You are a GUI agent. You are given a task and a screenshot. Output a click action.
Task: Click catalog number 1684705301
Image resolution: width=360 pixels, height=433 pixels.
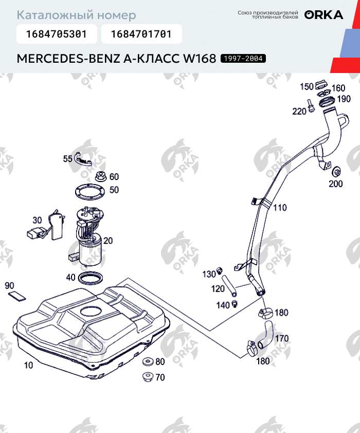coord(56,34)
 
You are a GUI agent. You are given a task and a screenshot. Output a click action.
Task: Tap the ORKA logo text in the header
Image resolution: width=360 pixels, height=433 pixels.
coord(323,15)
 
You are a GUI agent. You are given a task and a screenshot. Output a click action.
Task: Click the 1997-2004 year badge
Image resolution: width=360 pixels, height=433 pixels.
coord(243,59)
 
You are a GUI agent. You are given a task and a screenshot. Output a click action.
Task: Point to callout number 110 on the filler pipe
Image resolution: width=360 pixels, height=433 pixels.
coord(280,208)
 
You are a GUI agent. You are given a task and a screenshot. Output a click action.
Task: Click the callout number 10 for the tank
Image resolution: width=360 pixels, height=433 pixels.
coord(28,366)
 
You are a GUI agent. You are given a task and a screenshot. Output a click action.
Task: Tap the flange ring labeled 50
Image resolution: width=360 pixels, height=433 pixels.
coord(90,191)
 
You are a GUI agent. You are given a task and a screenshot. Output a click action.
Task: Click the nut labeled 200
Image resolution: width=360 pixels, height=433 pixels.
coord(336,172)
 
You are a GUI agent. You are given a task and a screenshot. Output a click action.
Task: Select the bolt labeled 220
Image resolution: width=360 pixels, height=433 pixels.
coord(311,106)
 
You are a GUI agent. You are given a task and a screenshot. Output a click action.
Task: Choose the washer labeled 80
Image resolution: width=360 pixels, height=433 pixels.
coord(147,361)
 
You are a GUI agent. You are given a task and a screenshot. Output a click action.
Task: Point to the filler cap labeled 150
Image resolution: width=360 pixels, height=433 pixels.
coord(321,84)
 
